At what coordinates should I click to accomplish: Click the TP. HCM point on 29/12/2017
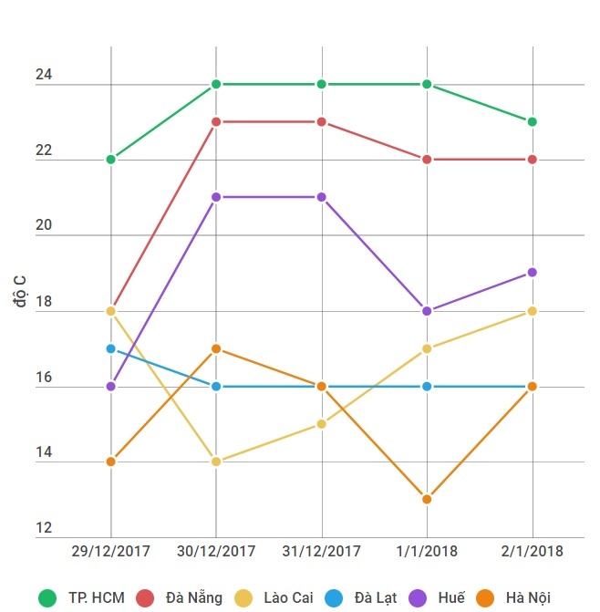pyautogui.click(x=111, y=160)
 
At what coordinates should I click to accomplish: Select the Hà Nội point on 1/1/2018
pyautogui.click(x=427, y=499)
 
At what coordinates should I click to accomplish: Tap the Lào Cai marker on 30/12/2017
pyautogui.click(x=216, y=462)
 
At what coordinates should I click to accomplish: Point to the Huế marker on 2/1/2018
pyautogui.click(x=533, y=273)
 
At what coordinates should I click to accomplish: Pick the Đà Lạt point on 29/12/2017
pyautogui.click(x=111, y=348)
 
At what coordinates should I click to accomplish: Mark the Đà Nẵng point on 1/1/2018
pyautogui.click(x=427, y=160)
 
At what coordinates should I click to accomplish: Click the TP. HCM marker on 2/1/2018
pyautogui.click(x=533, y=121)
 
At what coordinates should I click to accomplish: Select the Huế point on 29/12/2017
pyautogui.click(x=111, y=386)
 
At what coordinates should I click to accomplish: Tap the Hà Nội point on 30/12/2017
pyautogui.click(x=216, y=348)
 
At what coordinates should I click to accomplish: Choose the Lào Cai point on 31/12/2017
pyautogui.click(x=322, y=423)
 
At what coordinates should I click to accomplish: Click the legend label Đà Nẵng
pyautogui.click(x=193, y=598)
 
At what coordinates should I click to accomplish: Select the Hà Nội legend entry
pyautogui.click(x=527, y=598)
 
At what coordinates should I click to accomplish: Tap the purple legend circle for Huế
pyautogui.click(x=417, y=598)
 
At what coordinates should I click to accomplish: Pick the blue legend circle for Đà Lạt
pyautogui.click(x=333, y=598)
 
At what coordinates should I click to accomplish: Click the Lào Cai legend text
pyautogui.click(x=288, y=598)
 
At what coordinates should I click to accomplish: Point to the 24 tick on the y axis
pyautogui.click(x=44, y=77)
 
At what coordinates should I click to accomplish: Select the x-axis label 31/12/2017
pyautogui.click(x=322, y=552)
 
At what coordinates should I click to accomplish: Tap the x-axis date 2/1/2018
pyautogui.click(x=533, y=552)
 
